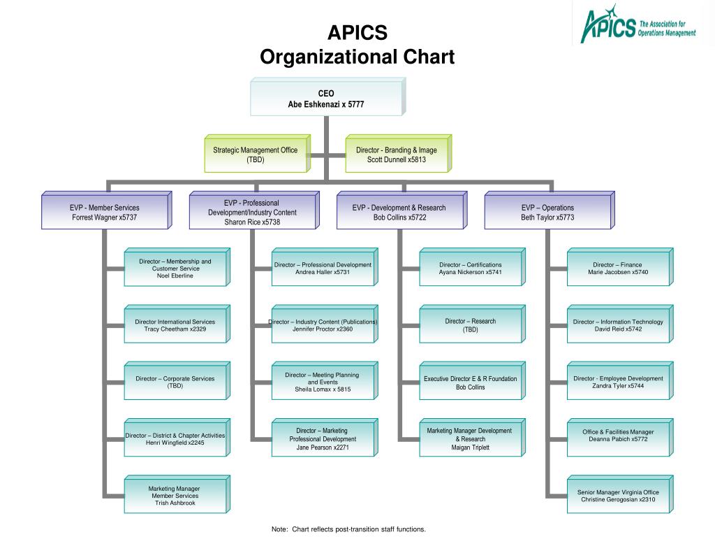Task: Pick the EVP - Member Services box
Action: (x=107, y=210)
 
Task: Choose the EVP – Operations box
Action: (x=550, y=210)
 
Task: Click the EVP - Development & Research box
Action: (x=401, y=210)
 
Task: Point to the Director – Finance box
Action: (x=620, y=267)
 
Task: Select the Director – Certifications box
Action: (x=473, y=267)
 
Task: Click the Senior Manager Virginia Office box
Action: (x=620, y=494)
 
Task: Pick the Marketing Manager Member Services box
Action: (x=177, y=494)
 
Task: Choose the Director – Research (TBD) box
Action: (x=473, y=324)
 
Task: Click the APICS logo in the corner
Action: (x=638, y=24)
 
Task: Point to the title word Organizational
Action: (x=328, y=57)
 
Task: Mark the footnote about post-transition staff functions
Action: (x=348, y=529)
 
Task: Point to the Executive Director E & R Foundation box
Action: (x=473, y=381)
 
